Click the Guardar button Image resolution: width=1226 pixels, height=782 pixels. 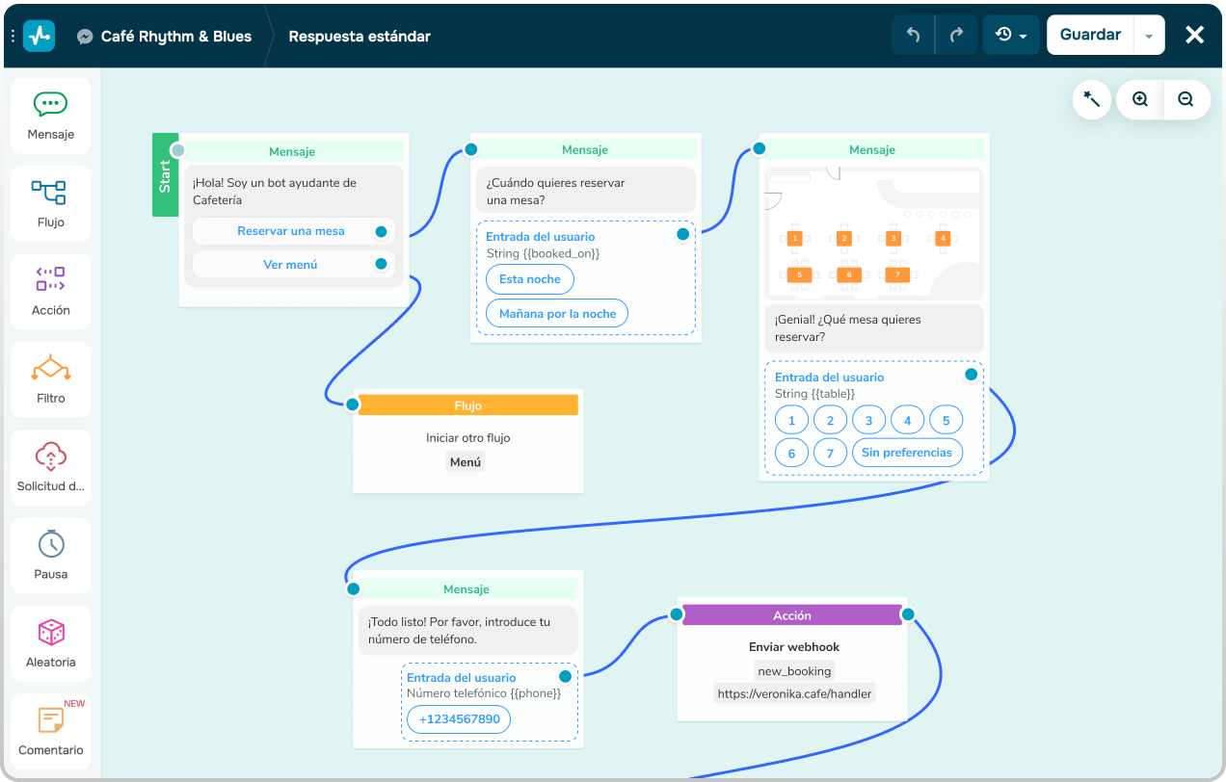(1090, 35)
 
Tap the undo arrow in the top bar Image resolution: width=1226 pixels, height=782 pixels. (913, 35)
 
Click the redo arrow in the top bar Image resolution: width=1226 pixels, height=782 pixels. (956, 35)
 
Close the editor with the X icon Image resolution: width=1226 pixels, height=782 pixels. (1194, 35)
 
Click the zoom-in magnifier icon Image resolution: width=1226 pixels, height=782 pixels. (1140, 99)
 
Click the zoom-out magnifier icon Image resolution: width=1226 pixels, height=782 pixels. (1186, 99)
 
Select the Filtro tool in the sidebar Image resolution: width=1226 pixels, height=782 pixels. (51, 379)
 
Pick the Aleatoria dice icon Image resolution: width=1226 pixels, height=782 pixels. (51, 633)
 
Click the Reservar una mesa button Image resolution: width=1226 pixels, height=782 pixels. (291, 231)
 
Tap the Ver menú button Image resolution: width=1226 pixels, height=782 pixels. (291, 265)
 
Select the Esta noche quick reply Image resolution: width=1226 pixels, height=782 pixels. (530, 279)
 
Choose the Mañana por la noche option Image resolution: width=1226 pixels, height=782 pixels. (557, 313)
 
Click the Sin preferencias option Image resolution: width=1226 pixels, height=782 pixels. (907, 453)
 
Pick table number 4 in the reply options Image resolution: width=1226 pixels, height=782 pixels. (908, 421)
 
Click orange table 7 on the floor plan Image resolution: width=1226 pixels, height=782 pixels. (897, 274)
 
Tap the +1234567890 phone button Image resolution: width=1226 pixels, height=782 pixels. (459, 719)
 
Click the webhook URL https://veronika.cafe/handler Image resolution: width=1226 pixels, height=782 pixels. (794, 694)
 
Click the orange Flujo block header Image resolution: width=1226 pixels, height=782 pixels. (468, 405)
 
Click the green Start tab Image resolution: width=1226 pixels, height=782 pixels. (165, 175)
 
